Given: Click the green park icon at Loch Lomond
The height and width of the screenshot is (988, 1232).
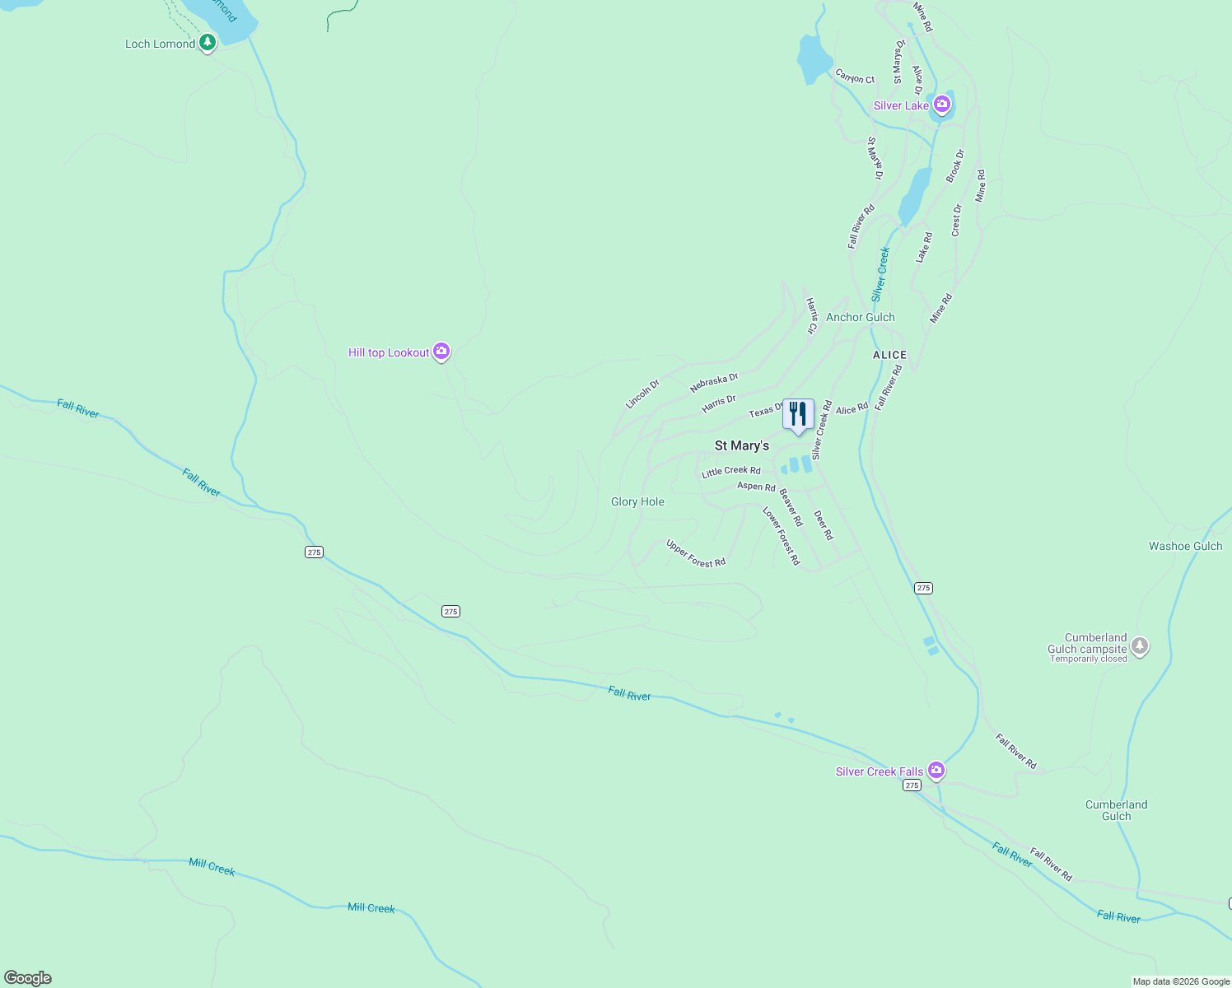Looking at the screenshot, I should [x=208, y=41].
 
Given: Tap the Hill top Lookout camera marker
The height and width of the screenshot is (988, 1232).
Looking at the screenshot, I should [x=441, y=352].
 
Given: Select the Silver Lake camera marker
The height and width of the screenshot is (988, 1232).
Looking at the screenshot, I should [x=942, y=105].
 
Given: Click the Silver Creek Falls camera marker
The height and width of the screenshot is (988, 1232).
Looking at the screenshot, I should [x=936, y=770].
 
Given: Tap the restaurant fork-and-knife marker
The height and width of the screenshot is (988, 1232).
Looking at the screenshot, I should [x=798, y=415].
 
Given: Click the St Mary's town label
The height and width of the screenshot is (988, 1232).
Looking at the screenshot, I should [x=741, y=445].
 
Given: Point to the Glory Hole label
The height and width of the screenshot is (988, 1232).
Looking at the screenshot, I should [x=637, y=501].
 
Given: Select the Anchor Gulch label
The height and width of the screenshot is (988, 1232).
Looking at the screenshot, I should [x=860, y=317].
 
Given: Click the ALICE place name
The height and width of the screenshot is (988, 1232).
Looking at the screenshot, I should [x=889, y=355].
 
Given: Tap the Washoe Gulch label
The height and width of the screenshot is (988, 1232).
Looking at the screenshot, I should [x=1185, y=546].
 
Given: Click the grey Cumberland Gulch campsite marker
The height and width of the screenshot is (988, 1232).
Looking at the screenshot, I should [x=1140, y=646].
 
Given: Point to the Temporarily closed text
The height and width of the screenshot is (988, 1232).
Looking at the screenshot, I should [x=1088, y=659].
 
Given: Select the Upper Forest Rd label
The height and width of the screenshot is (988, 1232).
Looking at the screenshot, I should [x=696, y=554].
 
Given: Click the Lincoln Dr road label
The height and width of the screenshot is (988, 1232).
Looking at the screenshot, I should [x=642, y=394].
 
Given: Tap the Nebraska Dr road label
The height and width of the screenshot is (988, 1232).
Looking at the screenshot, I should [x=714, y=382].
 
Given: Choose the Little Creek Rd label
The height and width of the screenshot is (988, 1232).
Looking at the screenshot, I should [x=730, y=472].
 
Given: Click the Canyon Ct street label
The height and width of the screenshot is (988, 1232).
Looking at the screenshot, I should [x=855, y=77].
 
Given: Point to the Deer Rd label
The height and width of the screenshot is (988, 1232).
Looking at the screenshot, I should [x=824, y=525].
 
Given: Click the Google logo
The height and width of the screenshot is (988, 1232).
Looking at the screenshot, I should [x=28, y=978].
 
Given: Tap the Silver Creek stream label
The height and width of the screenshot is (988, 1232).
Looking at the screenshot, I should [x=881, y=274].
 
